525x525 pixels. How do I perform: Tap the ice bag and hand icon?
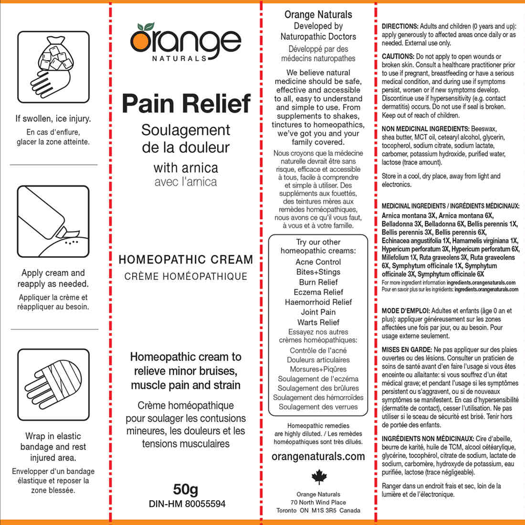tap(53, 67)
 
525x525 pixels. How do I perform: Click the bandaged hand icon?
tap(53, 384)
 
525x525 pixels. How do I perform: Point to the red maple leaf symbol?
tap(318, 477)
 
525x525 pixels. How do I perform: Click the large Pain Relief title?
tap(186, 104)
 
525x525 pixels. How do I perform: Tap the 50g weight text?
tap(186, 489)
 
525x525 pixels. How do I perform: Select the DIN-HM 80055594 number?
tap(187, 504)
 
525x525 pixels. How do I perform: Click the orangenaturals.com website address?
tap(318, 456)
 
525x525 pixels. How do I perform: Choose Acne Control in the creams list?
tap(318, 262)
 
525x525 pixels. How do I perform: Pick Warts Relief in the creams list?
tap(318, 322)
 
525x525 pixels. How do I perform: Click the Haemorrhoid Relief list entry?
tap(318, 302)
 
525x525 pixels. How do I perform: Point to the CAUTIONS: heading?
tap(398, 56)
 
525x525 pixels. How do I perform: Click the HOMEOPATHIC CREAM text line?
tap(186, 260)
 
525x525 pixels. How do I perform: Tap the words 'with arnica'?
tap(186, 168)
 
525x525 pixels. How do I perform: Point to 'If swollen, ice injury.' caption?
tap(53, 118)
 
